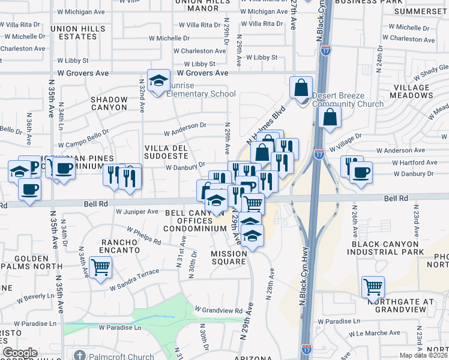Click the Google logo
[20, 353]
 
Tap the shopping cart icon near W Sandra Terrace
[100, 267]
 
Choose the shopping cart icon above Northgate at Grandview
[373, 288]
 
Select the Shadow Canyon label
[109, 103]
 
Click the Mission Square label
[229, 257]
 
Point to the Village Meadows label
[412, 91]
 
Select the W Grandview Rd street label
[218, 310]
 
